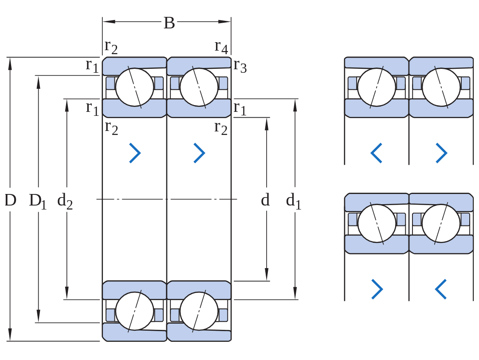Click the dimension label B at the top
tap(169, 23)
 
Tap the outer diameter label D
tap(10, 200)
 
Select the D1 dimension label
tap(38, 202)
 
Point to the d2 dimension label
tap(65, 202)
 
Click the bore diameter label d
tap(266, 200)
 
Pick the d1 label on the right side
tap(294, 201)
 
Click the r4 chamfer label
tap(221, 47)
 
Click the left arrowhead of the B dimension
tap(109, 21)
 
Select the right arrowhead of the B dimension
tap(224, 21)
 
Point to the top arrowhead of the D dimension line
tap(10, 63)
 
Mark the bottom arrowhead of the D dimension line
tap(10, 335)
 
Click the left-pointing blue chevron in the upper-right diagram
tap(377, 153)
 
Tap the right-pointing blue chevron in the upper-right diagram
tap(441, 153)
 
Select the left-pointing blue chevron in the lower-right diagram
tap(441, 289)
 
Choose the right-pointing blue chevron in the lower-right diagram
tap(377, 289)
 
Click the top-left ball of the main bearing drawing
tap(134, 87)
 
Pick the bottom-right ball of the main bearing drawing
tap(199, 311)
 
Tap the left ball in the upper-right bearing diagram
tap(377, 87)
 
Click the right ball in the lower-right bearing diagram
tap(441, 224)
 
